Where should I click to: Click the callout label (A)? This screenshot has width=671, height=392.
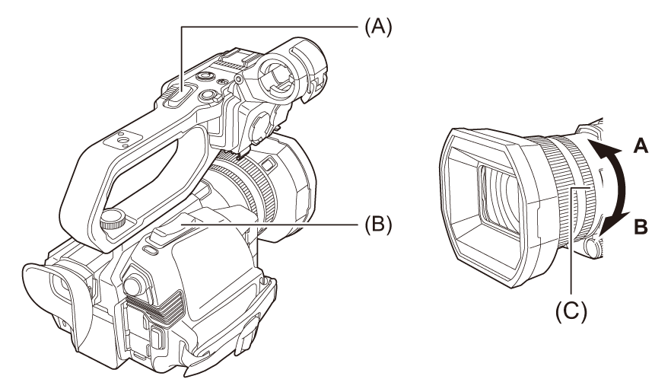click(x=378, y=27)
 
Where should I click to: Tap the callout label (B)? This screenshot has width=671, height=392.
click(x=378, y=223)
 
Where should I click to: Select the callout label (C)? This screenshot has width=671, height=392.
click(x=571, y=311)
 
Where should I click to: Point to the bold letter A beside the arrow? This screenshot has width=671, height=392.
click(x=641, y=146)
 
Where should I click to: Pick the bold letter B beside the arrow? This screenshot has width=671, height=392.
click(x=641, y=227)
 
